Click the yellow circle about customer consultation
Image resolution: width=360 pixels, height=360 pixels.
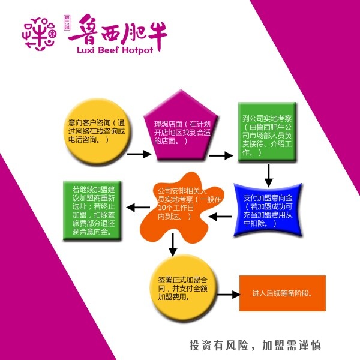click(x=97, y=131)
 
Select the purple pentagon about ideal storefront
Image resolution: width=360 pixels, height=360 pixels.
click(x=181, y=126)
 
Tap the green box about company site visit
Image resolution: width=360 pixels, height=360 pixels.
click(x=267, y=132)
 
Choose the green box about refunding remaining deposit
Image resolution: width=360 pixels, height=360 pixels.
click(x=92, y=211)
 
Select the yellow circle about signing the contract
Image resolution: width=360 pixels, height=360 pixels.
click(x=183, y=289)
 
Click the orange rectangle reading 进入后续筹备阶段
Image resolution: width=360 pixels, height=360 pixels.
click(x=283, y=293)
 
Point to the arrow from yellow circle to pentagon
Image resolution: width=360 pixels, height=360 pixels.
click(x=139, y=154)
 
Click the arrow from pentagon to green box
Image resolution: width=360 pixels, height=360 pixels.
click(x=221, y=155)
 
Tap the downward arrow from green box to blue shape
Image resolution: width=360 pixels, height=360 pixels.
click(x=269, y=175)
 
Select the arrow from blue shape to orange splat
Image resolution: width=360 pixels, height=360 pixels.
click(x=220, y=216)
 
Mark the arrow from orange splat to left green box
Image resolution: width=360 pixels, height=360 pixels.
click(x=138, y=208)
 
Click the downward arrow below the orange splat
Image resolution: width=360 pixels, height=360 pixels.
click(x=173, y=244)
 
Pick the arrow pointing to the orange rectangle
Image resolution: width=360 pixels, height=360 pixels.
click(x=228, y=295)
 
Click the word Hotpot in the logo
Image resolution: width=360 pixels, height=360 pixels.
click(x=137, y=50)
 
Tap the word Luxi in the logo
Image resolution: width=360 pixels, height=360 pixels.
click(x=86, y=50)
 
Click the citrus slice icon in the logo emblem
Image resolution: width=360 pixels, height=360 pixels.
click(x=52, y=34)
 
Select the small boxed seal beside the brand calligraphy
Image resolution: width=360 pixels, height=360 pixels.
click(x=67, y=23)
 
